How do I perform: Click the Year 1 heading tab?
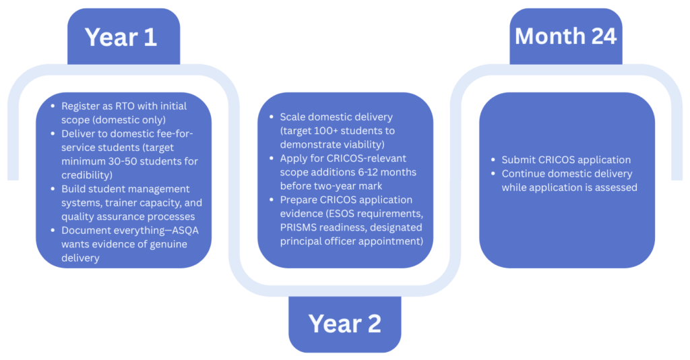[x=121, y=37]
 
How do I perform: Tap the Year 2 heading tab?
[x=344, y=324]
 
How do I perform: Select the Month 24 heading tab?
[x=565, y=36]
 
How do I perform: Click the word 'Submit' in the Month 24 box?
[x=517, y=160]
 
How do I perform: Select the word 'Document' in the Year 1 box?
[x=84, y=231]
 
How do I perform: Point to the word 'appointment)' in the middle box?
[x=393, y=241]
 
